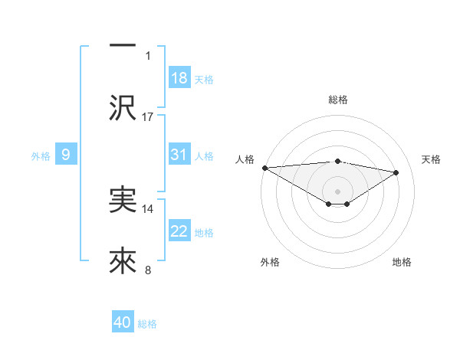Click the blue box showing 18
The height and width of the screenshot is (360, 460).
[179, 78]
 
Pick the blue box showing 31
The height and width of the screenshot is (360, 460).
[179, 155]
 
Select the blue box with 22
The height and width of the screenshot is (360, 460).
[179, 232]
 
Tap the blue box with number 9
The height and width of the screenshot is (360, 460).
[66, 155]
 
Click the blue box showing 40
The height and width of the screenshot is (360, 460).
[123, 323]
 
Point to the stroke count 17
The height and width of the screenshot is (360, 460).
[148, 116]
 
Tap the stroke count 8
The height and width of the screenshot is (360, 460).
[148, 270]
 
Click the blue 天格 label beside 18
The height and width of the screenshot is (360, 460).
[204, 79]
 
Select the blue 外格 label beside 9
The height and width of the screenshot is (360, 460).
[41, 156]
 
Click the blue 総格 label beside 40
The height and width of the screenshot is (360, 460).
[147, 324]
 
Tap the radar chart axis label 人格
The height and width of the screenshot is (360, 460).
[245, 159]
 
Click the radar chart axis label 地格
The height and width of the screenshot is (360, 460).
[402, 262]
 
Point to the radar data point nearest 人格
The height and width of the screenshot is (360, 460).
[264, 168]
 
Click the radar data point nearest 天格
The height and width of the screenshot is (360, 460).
[396, 172]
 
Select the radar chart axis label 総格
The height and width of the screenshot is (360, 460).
[337, 100]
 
